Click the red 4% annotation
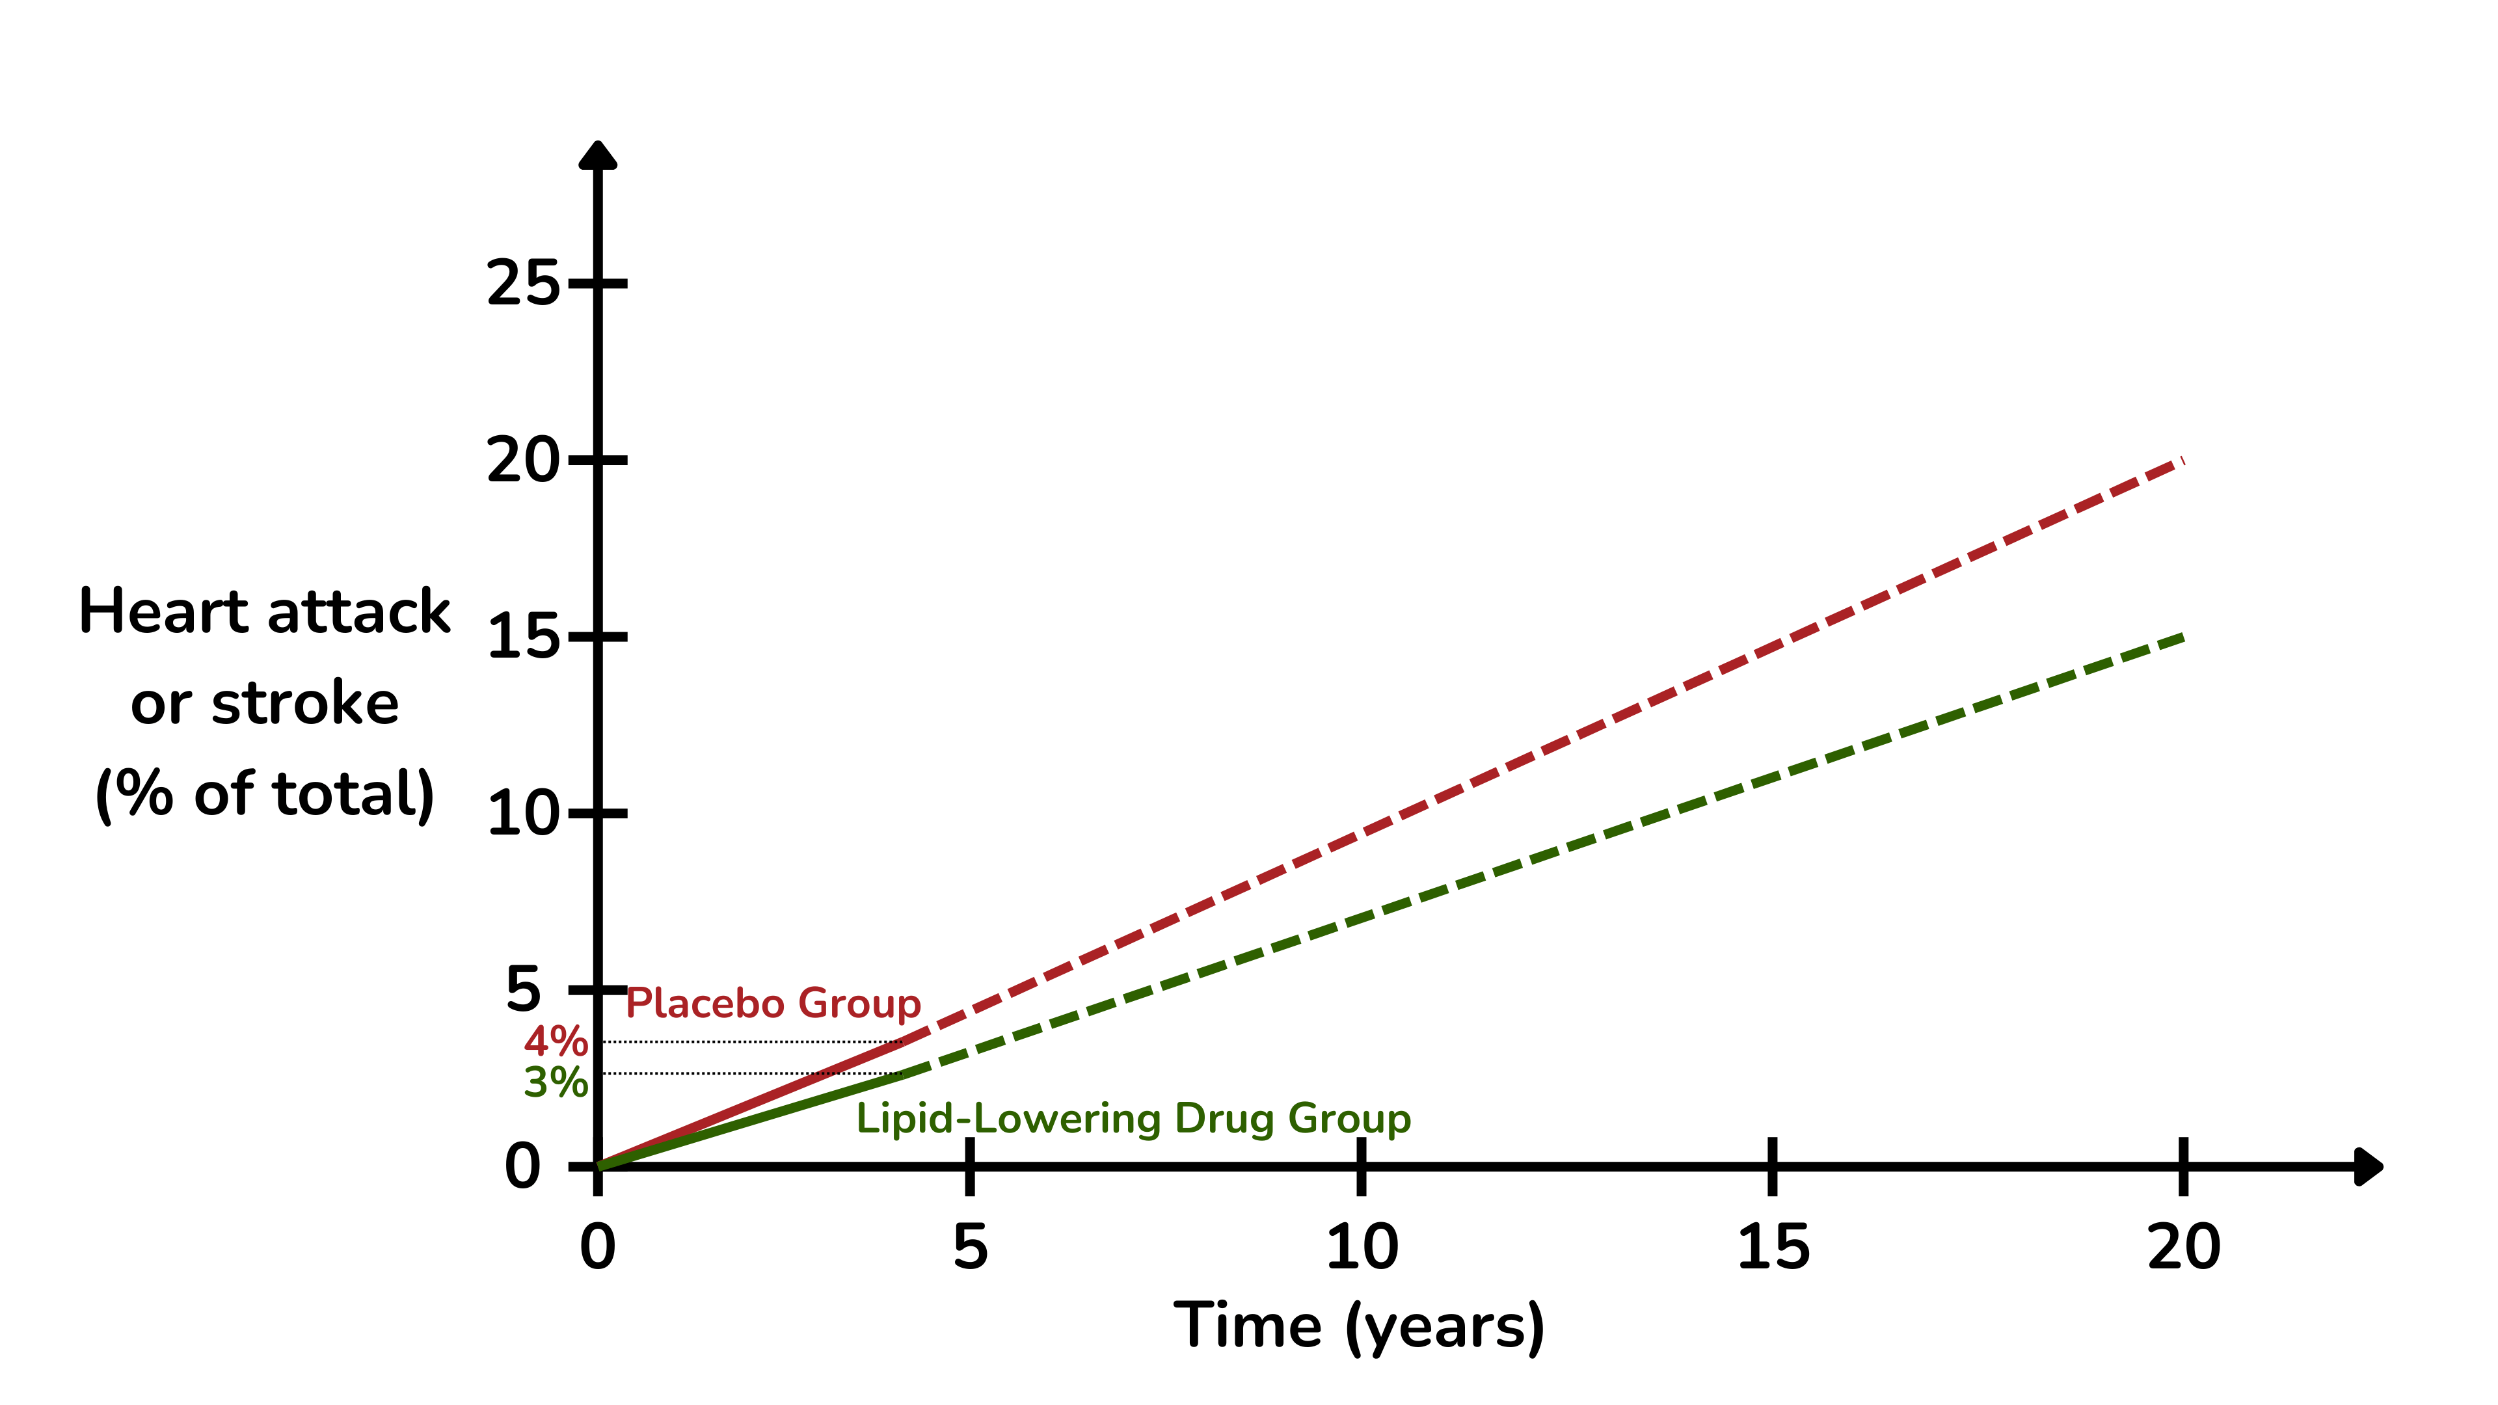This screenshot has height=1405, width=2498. point(556,1042)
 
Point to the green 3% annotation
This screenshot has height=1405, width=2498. point(556,1082)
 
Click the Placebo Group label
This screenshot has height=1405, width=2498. point(773,1004)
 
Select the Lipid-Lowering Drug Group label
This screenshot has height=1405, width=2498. point(1133,1119)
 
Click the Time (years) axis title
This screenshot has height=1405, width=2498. point(1358,1326)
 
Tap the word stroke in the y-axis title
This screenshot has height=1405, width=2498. point(304,703)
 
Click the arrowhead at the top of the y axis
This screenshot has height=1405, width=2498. point(597,155)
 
